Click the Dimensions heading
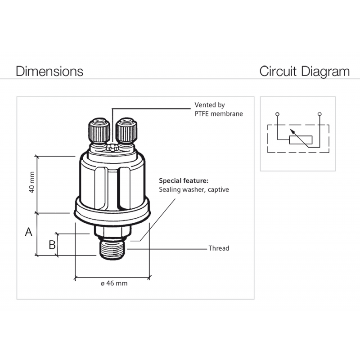tap(49, 71)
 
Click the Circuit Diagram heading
tap(304, 71)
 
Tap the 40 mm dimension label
tap(31, 184)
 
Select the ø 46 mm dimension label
tap(114, 283)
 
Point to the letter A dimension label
tap(28, 232)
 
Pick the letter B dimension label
tap(52, 245)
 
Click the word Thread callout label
tap(219, 248)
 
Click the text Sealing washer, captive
tap(194, 189)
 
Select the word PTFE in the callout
tap(202, 113)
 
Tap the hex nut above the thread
tap(112, 231)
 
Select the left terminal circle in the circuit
tap(277, 114)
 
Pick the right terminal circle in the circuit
tap(319, 114)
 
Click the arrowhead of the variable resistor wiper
tap(291, 130)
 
